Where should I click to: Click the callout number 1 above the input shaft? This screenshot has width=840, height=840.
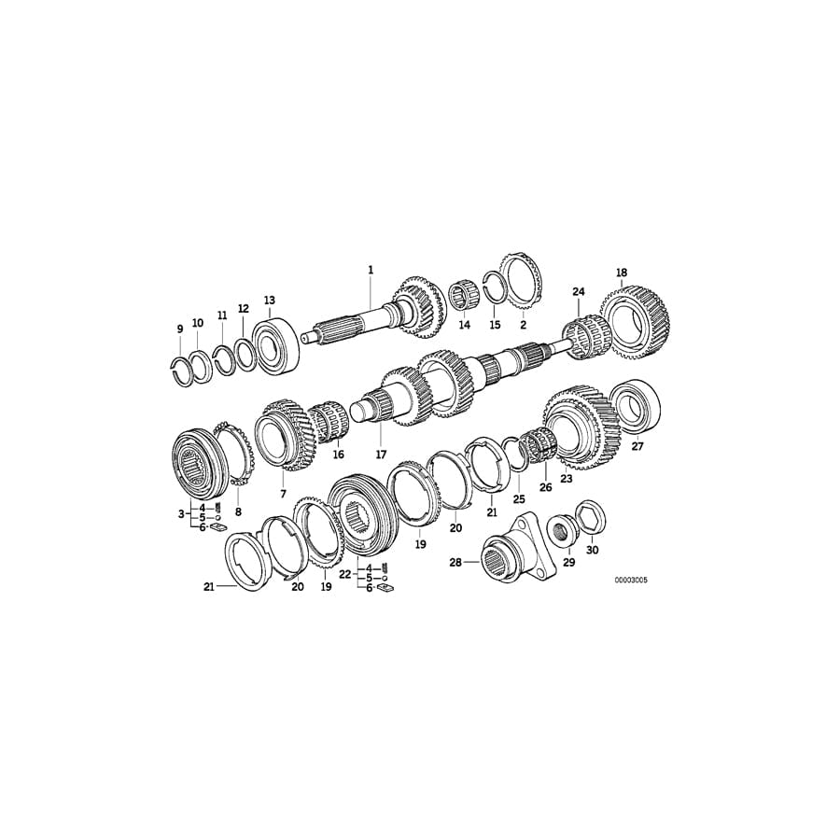point(371,270)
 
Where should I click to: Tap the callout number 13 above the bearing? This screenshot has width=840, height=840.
point(270,301)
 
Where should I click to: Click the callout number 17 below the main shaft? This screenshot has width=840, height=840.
point(381,455)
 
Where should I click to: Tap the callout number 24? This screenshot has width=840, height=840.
point(579,292)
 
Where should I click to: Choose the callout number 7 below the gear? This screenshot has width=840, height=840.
point(283,493)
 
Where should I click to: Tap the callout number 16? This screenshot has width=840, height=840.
point(338,455)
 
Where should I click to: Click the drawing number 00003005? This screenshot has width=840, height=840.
point(631,581)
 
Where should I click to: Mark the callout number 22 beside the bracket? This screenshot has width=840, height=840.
point(344,575)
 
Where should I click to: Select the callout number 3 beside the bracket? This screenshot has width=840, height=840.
point(181,514)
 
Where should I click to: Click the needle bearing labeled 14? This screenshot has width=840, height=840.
point(463,298)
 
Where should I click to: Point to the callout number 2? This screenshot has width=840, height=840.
point(523,325)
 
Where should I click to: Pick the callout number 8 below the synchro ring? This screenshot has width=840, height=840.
point(237,512)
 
